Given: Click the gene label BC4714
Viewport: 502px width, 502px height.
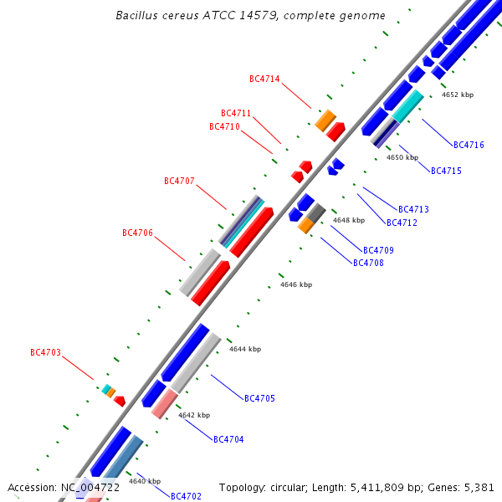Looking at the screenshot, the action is [264, 79].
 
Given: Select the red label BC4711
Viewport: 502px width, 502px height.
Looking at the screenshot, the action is [236, 114].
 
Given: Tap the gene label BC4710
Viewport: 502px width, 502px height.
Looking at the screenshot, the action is [224, 127].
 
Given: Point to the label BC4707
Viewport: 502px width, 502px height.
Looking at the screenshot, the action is [179, 181].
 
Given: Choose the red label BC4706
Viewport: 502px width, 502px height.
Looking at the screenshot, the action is [137, 233].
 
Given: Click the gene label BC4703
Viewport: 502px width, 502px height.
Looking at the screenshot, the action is [45, 353].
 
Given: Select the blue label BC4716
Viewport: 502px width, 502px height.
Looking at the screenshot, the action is [469, 145].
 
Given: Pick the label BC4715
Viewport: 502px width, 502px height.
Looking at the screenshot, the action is [446, 172].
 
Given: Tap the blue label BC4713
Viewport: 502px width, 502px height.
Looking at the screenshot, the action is [413, 209].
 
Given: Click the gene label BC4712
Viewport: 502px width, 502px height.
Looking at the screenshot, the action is [402, 223].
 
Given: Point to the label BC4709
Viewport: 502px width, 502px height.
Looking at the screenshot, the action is [378, 250].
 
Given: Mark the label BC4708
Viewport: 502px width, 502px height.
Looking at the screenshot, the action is [368, 263].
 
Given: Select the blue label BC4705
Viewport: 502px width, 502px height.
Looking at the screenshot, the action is [259, 398].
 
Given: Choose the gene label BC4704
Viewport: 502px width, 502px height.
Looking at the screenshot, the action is [228, 439].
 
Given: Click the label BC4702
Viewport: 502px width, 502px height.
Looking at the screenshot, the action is [186, 496].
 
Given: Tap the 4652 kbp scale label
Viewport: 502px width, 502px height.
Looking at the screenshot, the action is [458, 95].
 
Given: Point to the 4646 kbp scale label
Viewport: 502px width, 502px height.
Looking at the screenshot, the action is [296, 285].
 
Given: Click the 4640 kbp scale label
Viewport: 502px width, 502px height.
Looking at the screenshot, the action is [145, 481].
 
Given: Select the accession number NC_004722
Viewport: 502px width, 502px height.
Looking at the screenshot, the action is [90, 487].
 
